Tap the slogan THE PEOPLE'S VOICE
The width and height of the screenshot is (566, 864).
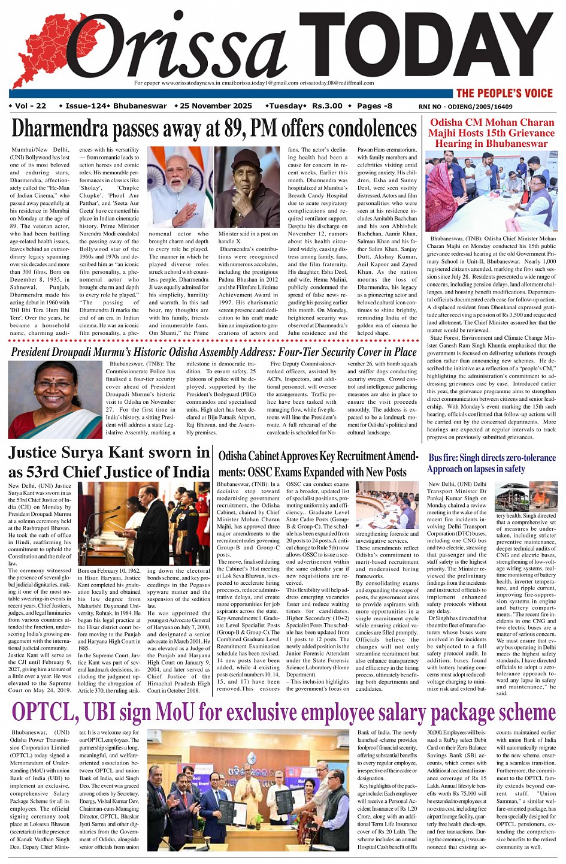504,93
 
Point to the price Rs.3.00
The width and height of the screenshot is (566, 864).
327,106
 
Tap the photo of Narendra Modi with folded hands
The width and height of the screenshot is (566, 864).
180,188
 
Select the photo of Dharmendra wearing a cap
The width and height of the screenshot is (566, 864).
247,188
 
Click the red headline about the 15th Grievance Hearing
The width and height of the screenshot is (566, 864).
492,133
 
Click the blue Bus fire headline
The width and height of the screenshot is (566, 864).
492,463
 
